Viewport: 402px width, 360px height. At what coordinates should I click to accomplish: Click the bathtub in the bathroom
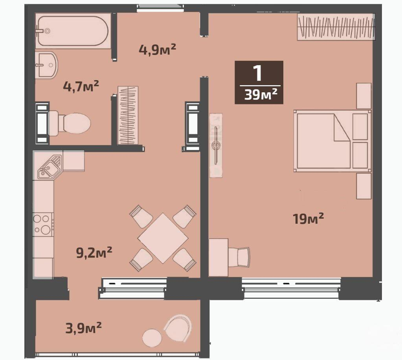click(x=73, y=31)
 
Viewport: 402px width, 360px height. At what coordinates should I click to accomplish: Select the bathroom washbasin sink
click(x=46, y=65)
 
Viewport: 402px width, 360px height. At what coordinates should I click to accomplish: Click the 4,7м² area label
click(x=81, y=86)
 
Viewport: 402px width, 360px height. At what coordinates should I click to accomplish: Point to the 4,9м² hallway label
click(x=157, y=50)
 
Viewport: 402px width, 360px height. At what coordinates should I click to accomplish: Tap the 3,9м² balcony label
click(x=84, y=328)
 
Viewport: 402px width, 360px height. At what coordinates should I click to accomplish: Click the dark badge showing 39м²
click(x=259, y=82)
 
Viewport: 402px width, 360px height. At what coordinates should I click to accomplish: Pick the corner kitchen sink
click(x=50, y=166)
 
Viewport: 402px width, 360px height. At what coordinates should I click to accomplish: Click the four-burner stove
click(x=43, y=225)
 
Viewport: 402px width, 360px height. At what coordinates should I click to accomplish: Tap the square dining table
click(x=163, y=238)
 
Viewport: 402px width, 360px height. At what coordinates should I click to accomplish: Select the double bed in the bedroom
click(x=332, y=141)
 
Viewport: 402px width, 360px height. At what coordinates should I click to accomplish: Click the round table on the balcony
click(x=152, y=338)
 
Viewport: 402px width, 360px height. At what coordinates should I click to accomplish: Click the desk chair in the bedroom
click(x=239, y=257)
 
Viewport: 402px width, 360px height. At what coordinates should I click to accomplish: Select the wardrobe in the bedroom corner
click(x=336, y=27)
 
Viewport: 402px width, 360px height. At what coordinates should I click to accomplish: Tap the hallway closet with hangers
click(x=128, y=115)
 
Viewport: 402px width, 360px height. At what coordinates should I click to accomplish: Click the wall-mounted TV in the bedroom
click(x=216, y=145)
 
